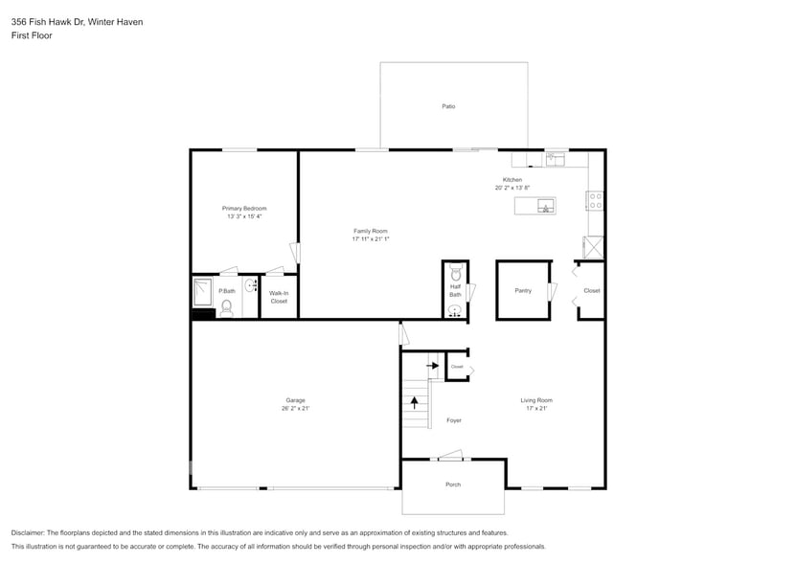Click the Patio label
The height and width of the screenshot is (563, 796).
click(x=448, y=106)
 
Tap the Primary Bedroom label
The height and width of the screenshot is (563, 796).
click(x=244, y=209)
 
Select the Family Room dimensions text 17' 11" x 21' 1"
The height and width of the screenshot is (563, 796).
click(x=371, y=239)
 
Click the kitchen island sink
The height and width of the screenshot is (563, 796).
click(x=545, y=206)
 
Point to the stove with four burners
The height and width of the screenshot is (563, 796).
click(x=595, y=201)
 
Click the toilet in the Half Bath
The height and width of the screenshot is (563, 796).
click(x=456, y=274)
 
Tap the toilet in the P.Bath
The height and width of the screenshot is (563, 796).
click(x=227, y=307)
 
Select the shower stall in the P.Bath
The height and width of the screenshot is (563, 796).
click(x=202, y=291)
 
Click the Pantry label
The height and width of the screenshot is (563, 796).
click(x=523, y=290)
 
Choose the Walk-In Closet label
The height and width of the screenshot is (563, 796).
click(x=279, y=298)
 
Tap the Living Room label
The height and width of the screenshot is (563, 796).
click(x=536, y=400)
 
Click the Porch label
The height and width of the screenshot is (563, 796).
click(x=453, y=484)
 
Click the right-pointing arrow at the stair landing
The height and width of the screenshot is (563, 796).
click(x=432, y=365)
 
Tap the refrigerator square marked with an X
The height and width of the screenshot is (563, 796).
click(x=595, y=247)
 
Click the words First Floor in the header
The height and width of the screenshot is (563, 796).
click(x=33, y=35)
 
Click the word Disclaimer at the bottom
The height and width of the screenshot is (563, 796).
click(x=28, y=532)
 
